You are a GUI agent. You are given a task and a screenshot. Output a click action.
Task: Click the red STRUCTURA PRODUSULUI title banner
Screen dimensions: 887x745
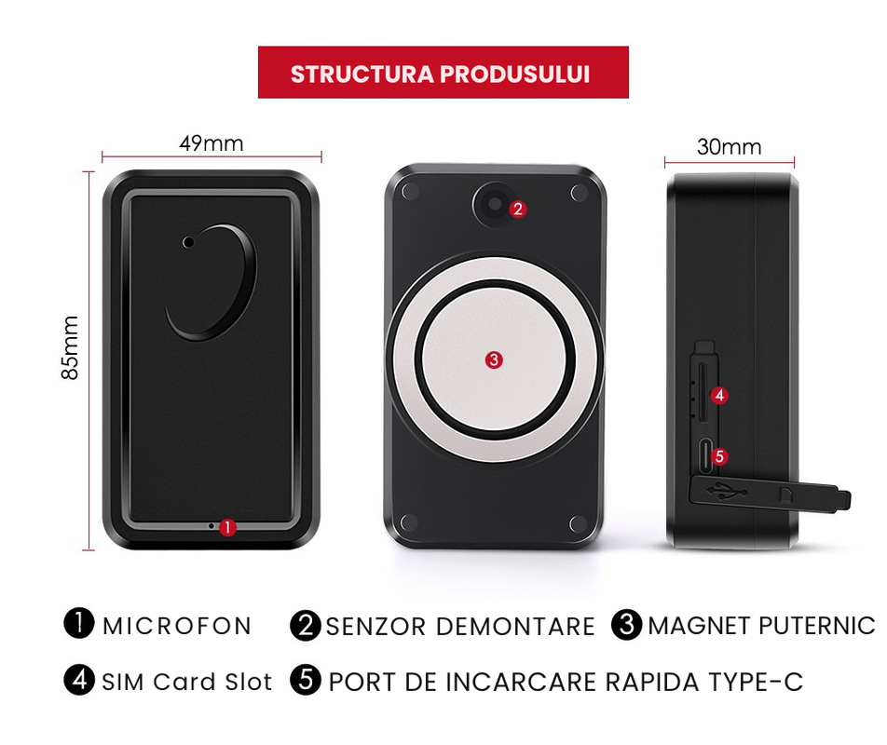[x=443, y=73]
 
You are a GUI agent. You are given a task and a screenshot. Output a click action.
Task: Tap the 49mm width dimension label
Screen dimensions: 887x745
[x=212, y=143]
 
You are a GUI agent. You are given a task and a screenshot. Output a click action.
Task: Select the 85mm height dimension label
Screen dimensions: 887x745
[x=70, y=347]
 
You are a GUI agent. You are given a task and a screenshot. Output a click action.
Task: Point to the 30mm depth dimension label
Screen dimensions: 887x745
[x=730, y=147]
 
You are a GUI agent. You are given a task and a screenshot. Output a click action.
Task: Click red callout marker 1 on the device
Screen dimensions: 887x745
[x=227, y=527]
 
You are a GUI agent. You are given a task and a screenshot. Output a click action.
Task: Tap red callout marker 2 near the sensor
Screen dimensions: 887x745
[x=518, y=210]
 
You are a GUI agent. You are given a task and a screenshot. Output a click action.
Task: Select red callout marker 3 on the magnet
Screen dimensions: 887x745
[x=494, y=360]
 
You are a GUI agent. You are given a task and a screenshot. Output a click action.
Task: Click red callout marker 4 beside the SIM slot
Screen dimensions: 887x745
[x=719, y=395]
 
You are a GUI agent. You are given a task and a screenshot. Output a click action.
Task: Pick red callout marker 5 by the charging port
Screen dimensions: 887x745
[x=719, y=456]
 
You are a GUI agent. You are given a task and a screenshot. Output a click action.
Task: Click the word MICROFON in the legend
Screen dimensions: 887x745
[x=177, y=626]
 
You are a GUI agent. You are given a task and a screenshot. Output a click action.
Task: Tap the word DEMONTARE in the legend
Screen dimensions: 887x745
[x=515, y=627]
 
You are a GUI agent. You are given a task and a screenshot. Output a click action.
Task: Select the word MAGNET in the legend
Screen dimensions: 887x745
[x=699, y=626]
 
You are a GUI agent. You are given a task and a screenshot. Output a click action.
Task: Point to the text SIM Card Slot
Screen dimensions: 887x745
[x=186, y=682]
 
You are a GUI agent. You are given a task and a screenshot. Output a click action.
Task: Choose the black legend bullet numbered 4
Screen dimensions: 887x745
[x=79, y=680]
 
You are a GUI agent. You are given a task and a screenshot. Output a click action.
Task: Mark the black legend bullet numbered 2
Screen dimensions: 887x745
[x=306, y=625]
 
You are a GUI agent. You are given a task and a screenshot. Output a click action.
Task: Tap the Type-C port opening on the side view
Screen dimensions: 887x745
[x=704, y=455]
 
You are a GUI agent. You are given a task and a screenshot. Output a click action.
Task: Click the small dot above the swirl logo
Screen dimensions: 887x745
[x=188, y=242]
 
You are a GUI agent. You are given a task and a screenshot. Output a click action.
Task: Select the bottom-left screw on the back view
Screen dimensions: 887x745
[x=409, y=522]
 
